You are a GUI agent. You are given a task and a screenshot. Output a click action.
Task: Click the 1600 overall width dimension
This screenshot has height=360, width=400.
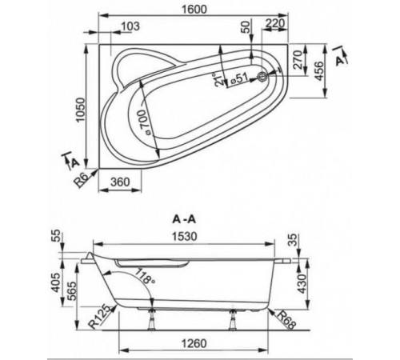click(194, 9)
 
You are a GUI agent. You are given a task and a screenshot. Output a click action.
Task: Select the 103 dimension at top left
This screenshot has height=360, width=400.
click(130, 26)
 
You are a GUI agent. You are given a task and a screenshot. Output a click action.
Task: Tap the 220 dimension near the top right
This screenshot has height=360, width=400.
click(275, 23)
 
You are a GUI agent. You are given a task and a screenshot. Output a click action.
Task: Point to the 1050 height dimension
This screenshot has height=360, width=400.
click(80, 110)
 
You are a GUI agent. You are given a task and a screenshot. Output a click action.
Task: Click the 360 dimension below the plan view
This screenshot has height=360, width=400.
click(120, 182)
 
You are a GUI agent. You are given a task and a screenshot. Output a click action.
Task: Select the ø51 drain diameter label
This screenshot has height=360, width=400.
click(239, 79)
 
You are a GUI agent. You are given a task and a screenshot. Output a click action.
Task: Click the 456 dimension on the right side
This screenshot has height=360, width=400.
click(318, 70)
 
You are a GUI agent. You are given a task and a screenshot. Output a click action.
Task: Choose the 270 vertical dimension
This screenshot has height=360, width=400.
click(298, 60)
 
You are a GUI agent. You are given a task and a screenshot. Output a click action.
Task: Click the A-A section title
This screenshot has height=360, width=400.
click(184, 219)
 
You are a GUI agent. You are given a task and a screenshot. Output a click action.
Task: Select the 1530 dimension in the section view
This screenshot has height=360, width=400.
click(185, 236)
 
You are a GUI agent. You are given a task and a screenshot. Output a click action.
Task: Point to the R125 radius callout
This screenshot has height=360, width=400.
click(99, 316)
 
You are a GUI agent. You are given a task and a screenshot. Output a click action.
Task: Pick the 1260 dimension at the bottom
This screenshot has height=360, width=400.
click(194, 343)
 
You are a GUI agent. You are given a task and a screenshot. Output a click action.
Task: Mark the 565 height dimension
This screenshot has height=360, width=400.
click(70, 291)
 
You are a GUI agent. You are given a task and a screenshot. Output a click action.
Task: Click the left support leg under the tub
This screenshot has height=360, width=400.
click(152, 319)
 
